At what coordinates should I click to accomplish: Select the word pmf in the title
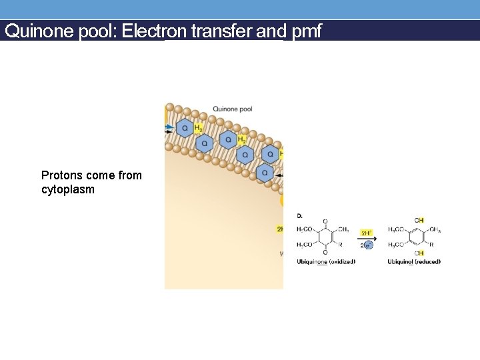[307, 31]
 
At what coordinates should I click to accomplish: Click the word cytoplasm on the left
[67, 189]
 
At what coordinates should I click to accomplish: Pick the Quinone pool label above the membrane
[232, 109]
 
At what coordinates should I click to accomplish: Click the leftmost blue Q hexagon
[184, 128]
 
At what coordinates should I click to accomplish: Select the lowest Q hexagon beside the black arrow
[265, 173]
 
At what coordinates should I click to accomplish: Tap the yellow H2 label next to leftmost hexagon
[198, 127]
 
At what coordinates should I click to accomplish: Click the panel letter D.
[299, 215]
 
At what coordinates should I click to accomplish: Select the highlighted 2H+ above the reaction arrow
[366, 233]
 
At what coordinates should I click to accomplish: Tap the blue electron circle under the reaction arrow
[368, 245]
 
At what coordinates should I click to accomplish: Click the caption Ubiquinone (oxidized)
[326, 261]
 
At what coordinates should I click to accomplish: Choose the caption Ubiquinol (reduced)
[414, 261]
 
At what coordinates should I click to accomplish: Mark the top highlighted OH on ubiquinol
[419, 221]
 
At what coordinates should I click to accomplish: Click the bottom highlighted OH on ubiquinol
[419, 253]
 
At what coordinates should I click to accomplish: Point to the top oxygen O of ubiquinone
[325, 221]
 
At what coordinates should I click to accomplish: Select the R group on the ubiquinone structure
[341, 245]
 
